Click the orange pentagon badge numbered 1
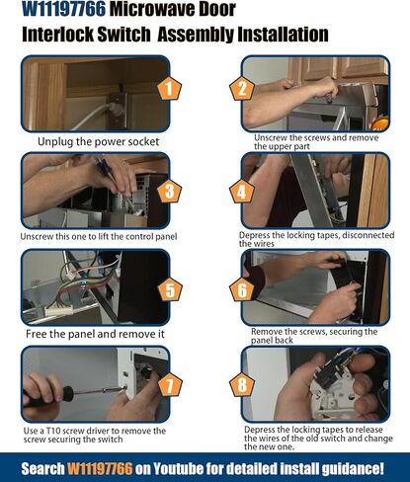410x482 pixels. [x=169, y=89]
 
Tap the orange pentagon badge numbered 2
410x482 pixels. [x=242, y=89]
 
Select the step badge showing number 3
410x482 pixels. [x=169, y=192]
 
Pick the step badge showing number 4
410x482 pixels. [x=242, y=192]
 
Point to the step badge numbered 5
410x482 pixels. [x=170, y=289]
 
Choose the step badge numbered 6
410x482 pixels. [x=242, y=289]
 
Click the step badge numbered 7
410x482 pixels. [x=170, y=385]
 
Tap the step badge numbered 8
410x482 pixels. [x=242, y=385]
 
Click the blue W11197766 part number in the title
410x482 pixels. [x=63, y=9]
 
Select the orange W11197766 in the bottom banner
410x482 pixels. [x=100, y=468]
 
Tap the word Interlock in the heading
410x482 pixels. [x=57, y=35]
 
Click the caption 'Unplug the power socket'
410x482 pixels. [x=98, y=142]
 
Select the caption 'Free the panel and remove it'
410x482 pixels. [x=95, y=334]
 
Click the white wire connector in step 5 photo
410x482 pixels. [x=58, y=310]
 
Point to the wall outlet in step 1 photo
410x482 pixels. [x=117, y=106]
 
